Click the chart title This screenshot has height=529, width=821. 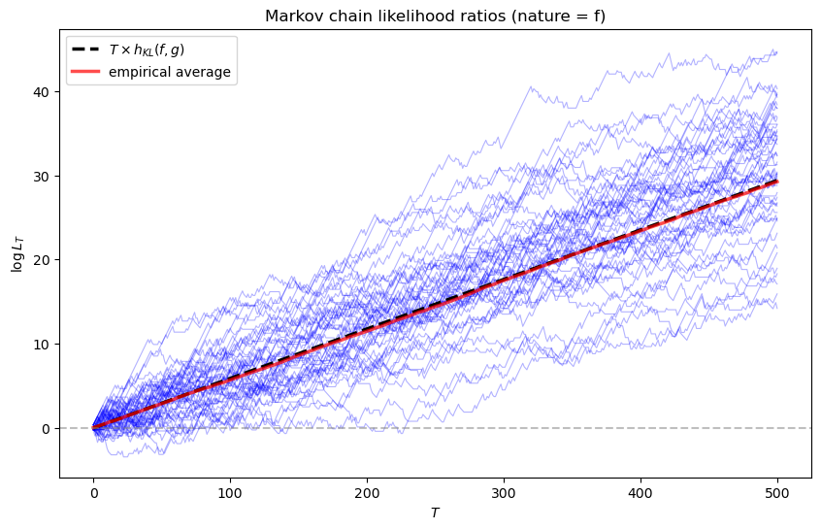(x=435, y=14)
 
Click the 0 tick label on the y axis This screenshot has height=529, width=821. (x=46, y=428)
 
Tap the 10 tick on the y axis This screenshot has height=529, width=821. (x=43, y=344)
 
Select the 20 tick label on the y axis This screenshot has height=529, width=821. (x=43, y=260)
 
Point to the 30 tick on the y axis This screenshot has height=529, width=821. (x=43, y=176)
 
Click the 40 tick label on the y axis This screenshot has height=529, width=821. (x=43, y=91)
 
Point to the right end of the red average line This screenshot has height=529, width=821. (x=776, y=182)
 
